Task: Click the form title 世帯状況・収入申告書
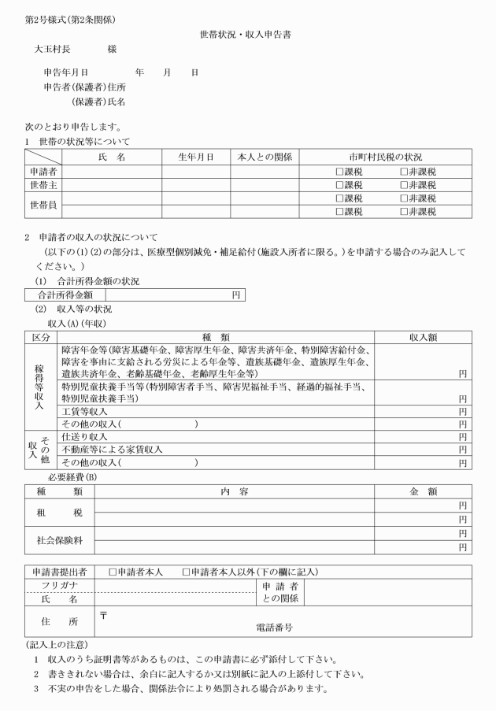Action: [246, 35]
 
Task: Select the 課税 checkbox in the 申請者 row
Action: [339, 172]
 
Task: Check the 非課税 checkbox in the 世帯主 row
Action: [403, 185]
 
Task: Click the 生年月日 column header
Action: [196, 157]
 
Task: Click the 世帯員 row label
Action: [43, 205]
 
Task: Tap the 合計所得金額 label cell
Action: [60, 295]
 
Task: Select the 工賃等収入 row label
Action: [85, 411]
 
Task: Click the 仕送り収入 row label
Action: [85, 436]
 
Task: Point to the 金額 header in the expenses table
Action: [423, 491]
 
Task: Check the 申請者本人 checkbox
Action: [113, 572]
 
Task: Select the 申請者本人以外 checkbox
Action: [186, 572]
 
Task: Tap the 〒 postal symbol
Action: [102, 613]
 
